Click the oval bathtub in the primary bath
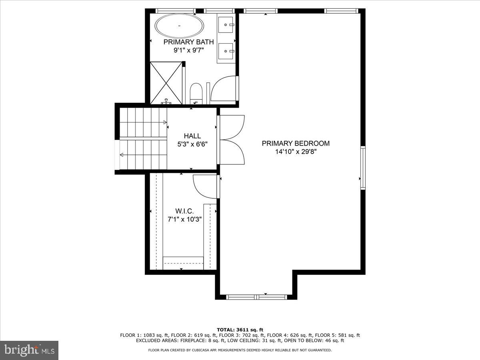tap(179, 26)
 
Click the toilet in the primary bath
tap(196, 93)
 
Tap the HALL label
tap(192, 136)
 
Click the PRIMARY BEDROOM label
tap(296, 143)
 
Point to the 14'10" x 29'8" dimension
tap(296, 152)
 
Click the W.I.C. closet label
tap(184, 211)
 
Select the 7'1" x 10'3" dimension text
tap(184, 219)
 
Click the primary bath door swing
tap(224, 88)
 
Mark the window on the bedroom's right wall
tap(363, 168)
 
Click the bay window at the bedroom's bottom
tap(256, 296)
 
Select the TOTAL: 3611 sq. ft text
tap(240, 330)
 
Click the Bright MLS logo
tap(29, 350)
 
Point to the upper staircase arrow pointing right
tap(164, 122)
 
